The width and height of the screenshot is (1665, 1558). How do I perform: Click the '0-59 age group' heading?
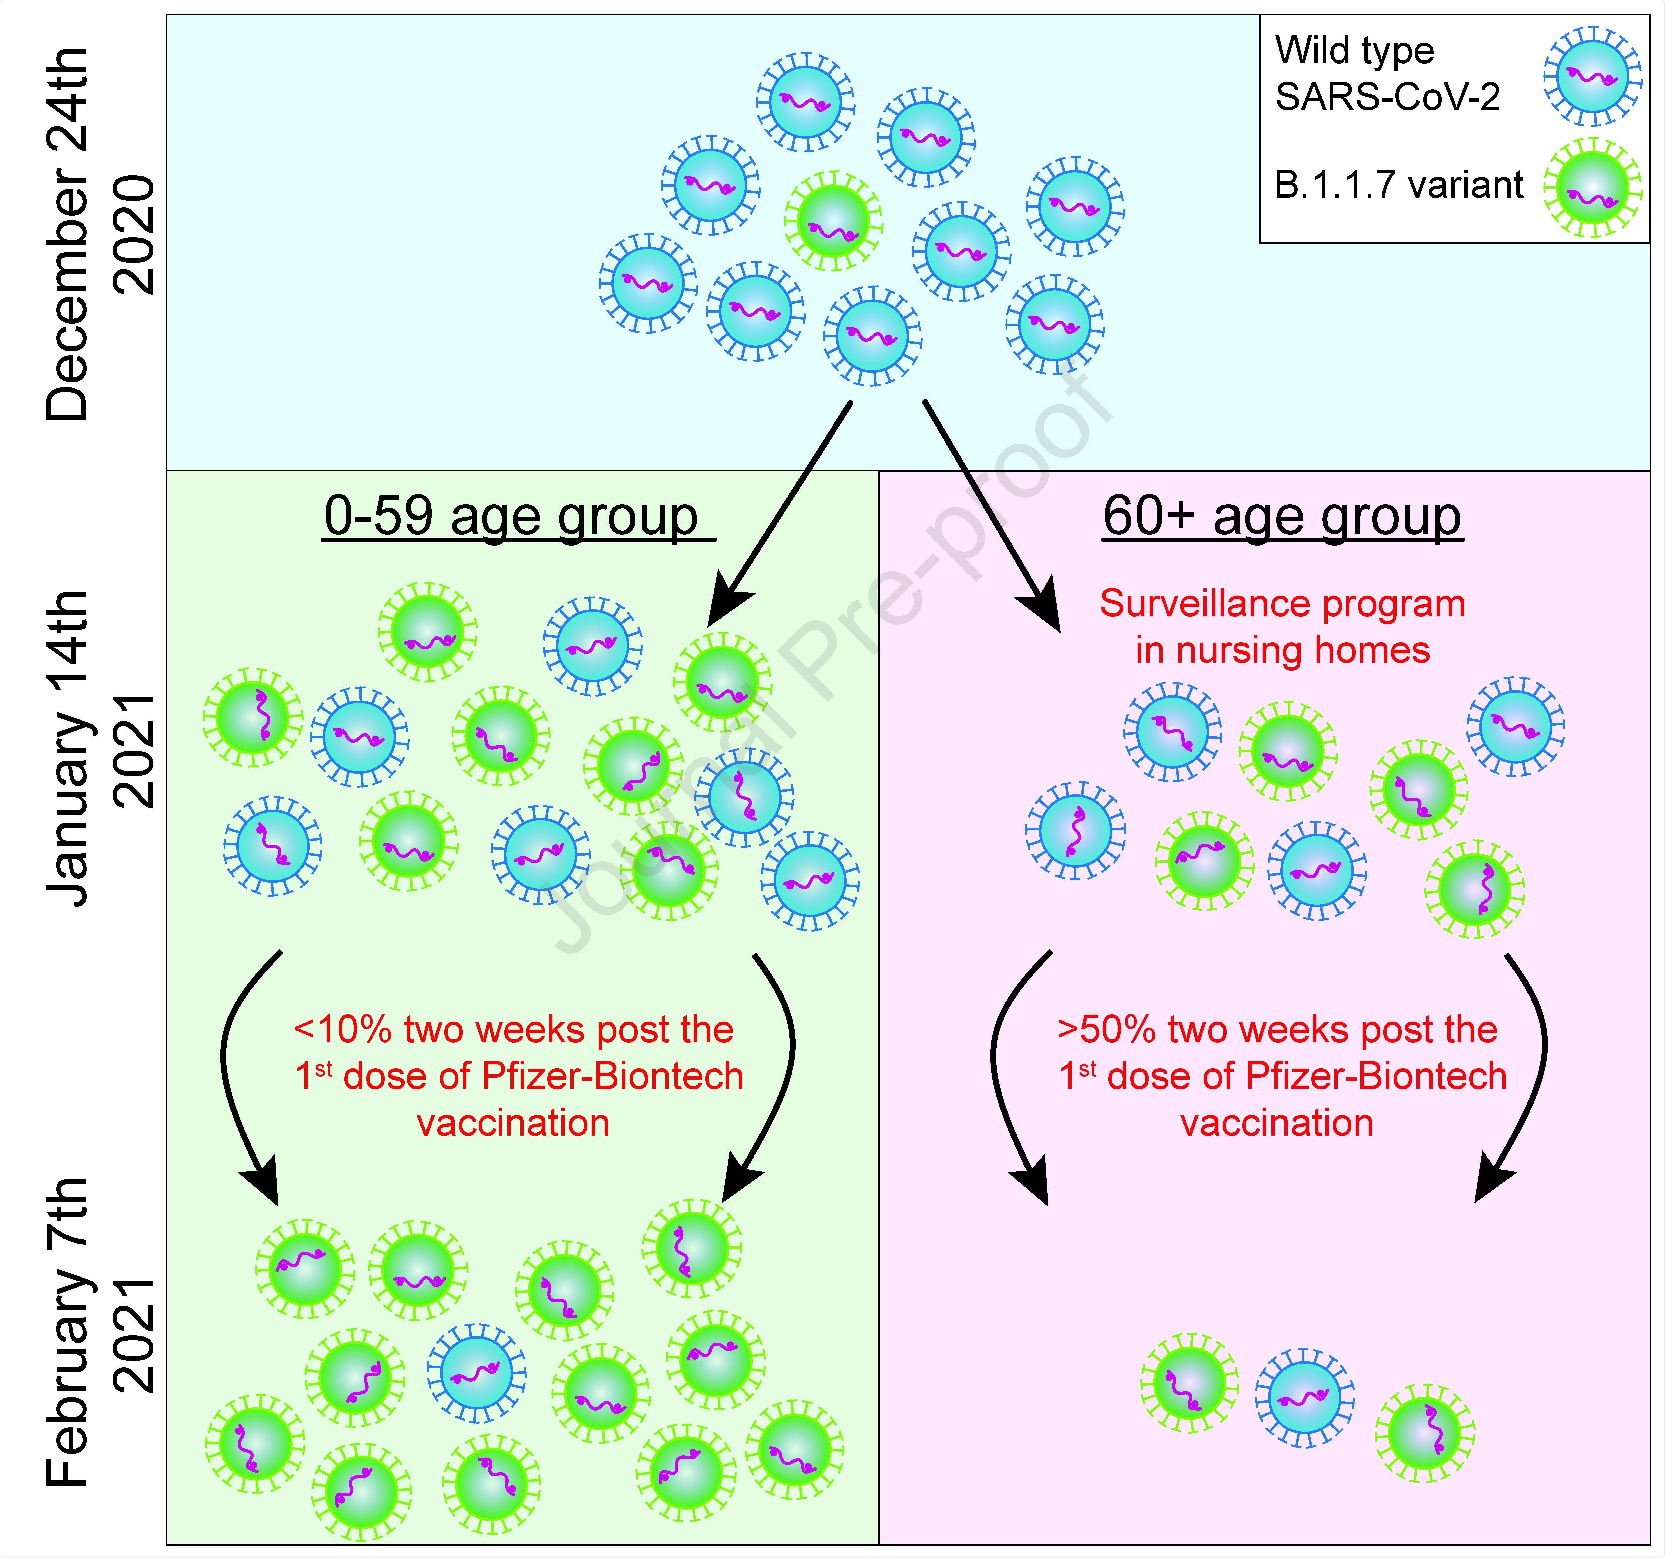(511, 517)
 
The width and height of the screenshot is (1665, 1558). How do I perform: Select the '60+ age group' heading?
(1281, 517)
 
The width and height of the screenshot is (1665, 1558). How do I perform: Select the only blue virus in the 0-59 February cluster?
(477, 1373)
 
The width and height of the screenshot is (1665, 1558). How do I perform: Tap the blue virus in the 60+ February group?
(1304, 1398)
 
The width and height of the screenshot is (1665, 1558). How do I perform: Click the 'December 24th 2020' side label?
(101, 234)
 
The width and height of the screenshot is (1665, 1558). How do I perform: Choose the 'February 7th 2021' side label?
(101, 1331)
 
